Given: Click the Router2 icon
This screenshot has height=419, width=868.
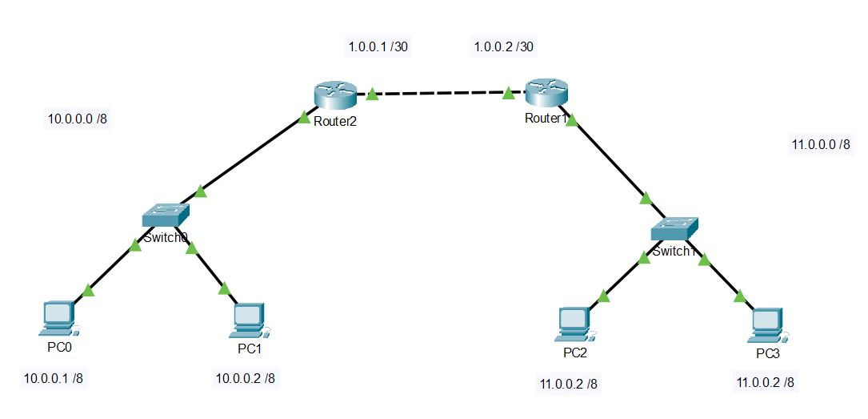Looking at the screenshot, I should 334,95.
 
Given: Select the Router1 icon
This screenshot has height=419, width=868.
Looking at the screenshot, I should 546,93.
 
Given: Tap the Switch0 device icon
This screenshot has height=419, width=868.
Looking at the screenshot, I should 166,215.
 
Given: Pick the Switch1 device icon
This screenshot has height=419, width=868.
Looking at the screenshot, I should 674,228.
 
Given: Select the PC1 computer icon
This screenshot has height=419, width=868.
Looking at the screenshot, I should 250,320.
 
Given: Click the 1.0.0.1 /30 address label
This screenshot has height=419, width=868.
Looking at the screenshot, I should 378,46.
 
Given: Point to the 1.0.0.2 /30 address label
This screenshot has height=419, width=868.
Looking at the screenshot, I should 504,46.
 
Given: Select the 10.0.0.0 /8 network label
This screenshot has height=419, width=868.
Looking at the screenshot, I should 78,119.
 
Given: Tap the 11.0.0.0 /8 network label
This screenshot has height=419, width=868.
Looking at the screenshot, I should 821,144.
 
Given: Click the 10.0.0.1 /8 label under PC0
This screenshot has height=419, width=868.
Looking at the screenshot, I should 54,378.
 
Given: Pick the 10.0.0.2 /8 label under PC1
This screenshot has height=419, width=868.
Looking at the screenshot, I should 246,377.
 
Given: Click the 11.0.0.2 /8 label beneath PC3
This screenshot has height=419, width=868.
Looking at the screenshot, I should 766,382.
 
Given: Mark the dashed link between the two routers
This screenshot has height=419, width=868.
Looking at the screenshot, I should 440,94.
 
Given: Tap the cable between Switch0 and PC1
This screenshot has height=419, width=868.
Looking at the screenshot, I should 207,268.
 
